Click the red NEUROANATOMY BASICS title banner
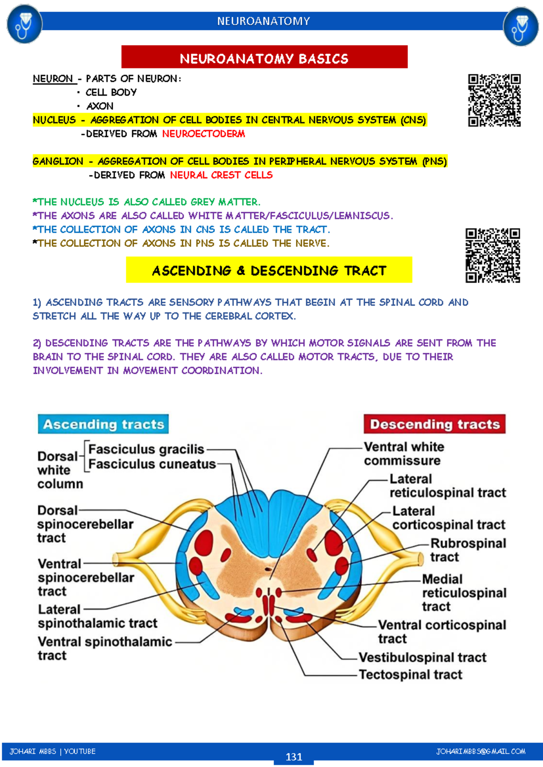pyautogui.click(x=264, y=57)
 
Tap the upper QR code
pyautogui.click(x=494, y=100)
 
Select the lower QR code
pyautogui.click(x=493, y=256)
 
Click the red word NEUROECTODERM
pyautogui.click(x=204, y=134)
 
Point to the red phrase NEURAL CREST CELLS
pyautogui.click(x=221, y=175)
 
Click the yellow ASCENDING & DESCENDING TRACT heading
pyautogui.click(x=269, y=270)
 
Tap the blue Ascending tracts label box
pyautogui.click(x=103, y=424)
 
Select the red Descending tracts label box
pyautogui.click(x=434, y=424)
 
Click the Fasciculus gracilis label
pyautogui.click(x=146, y=449)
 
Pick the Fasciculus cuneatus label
pyautogui.click(x=152, y=464)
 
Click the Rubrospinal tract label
pyautogui.click(x=468, y=550)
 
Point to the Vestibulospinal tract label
pyautogui.click(x=423, y=657)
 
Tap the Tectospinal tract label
pyautogui.click(x=410, y=674)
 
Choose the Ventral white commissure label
pyautogui.click(x=404, y=454)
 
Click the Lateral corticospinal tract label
pyautogui.click(x=448, y=518)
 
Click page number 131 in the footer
pyautogui.click(x=294, y=757)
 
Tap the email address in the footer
pyautogui.click(x=481, y=751)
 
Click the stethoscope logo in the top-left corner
pyautogui.click(x=24, y=24)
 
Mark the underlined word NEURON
pyautogui.click(x=53, y=79)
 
